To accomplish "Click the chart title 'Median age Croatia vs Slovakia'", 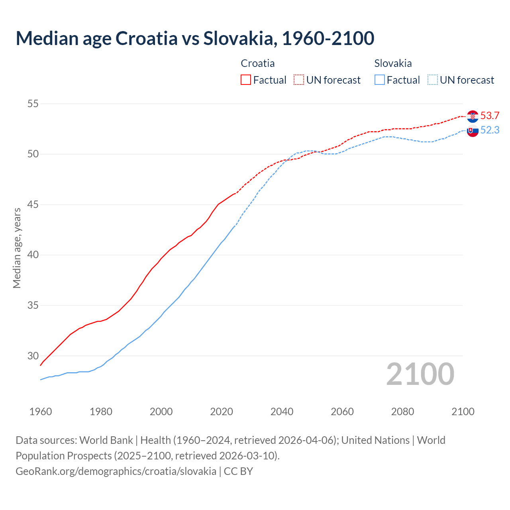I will tap(195, 38).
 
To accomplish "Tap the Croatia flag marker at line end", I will tap(473, 116).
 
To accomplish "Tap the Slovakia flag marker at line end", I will tap(473, 131).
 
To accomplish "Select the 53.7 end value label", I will tap(490, 116).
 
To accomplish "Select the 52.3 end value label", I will tap(490, 130).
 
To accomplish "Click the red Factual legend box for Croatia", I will tap(246, 80).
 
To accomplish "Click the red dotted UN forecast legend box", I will tap(299, 80).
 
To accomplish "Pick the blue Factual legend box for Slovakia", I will tap(380, 80).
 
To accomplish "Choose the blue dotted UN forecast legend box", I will tap(432, 80).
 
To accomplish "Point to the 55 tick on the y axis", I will tap(33, 104).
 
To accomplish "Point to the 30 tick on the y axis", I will tap(33, 356).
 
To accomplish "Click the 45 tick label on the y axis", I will tap(33, 205).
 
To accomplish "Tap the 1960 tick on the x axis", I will tap(41, 412).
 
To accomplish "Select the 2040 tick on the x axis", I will tap(282, 412).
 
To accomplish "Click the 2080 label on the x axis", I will tap(402, 412).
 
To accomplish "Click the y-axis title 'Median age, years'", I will tap(17, 248).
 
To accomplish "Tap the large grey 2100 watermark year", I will tap(420, 374).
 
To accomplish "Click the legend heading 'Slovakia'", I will tap(393, 63).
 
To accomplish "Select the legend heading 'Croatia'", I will tap(258, 63).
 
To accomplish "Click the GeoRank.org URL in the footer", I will tap(116, 471).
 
